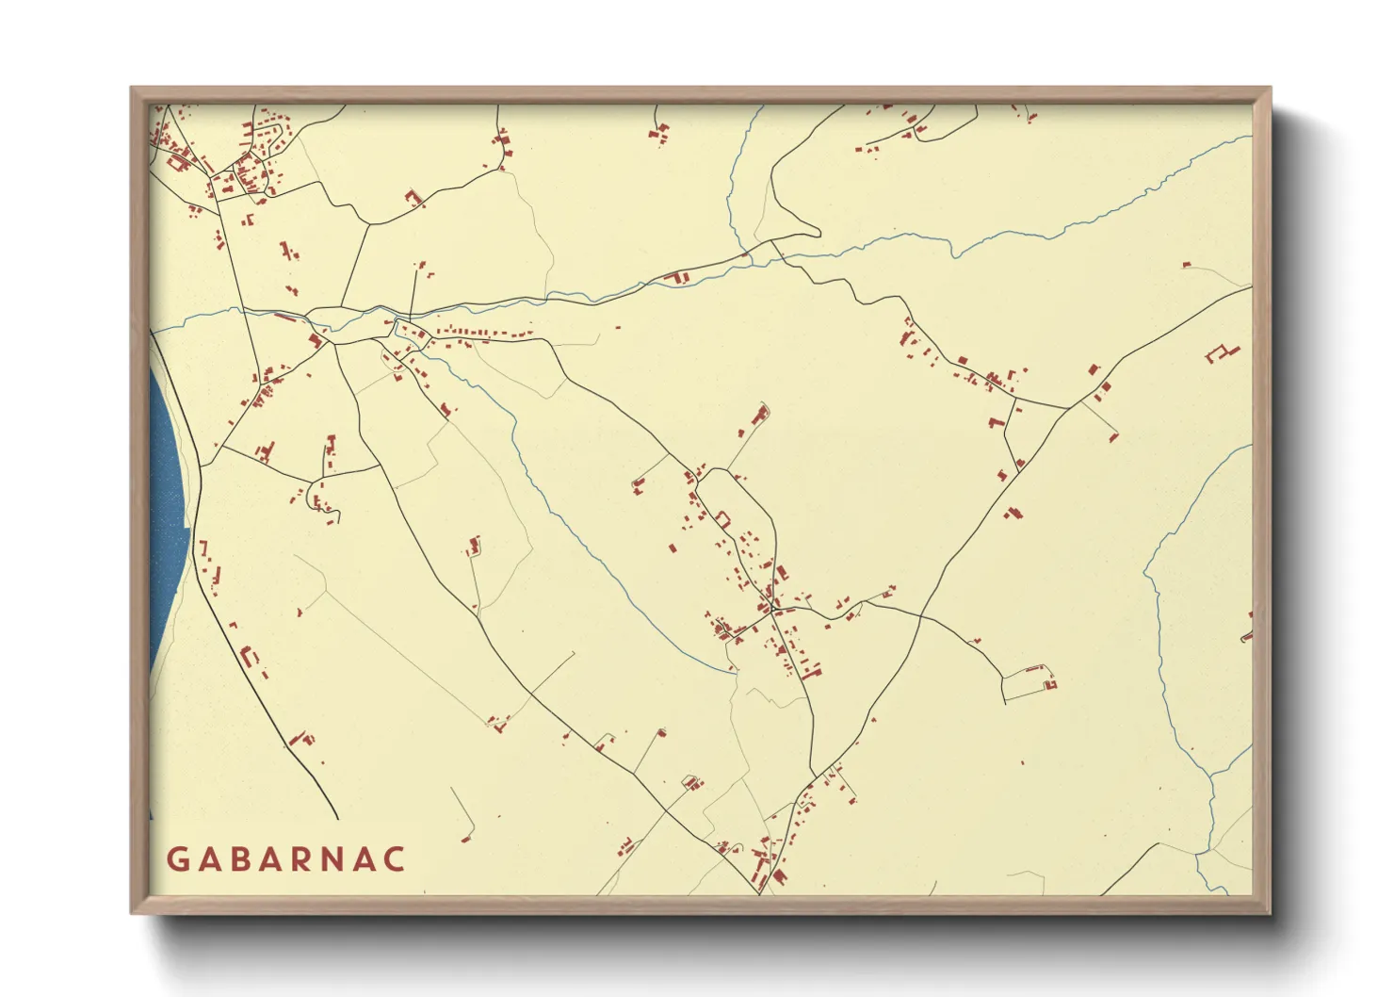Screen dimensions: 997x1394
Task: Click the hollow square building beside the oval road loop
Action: coord(724,517)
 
